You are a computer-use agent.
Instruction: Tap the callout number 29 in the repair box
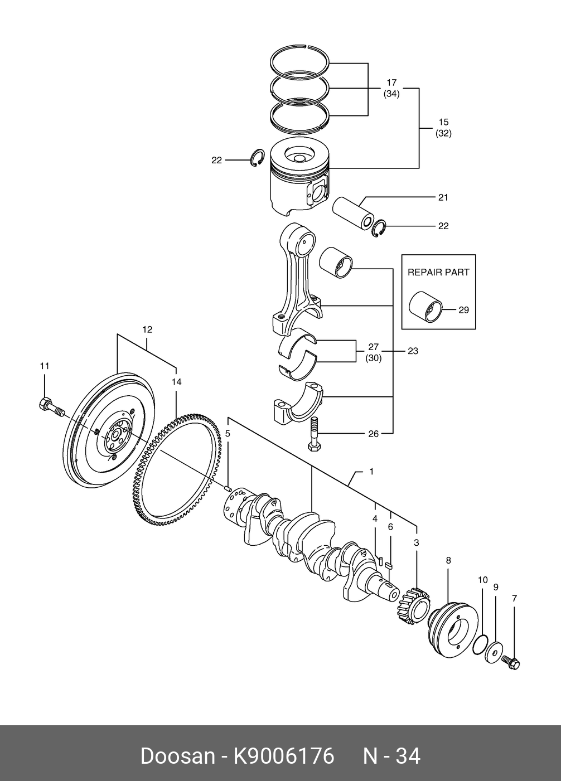tap(463, 309)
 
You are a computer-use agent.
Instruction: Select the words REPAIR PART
tap(438, 272)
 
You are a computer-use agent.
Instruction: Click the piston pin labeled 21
tap(353, 213)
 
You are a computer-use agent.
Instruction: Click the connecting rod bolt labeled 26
tap(313, 434)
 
